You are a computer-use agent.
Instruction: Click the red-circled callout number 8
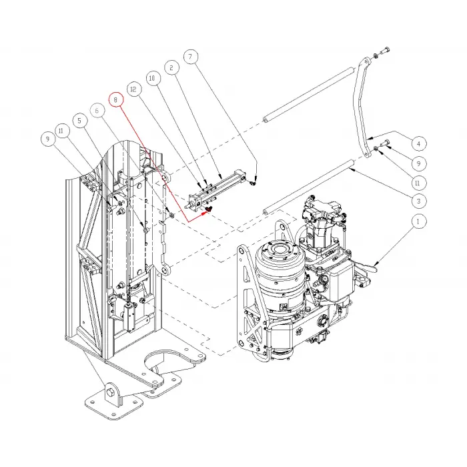tap(117, 100)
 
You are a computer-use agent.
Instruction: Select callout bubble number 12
tap(133, 89)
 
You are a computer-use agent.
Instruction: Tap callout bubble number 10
tap(151, 79)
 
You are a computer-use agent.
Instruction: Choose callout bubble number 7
tap(81, 121)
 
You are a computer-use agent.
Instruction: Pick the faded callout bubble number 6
tap(98, 110)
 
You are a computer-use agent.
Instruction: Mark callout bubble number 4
tap(418, 143)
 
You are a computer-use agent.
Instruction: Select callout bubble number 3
tap(418, 201)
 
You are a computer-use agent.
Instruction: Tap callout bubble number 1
tap(418, 221)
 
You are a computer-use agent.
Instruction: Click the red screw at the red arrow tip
tap(208, 209)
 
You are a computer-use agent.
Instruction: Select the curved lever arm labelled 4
tap(360, 107)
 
